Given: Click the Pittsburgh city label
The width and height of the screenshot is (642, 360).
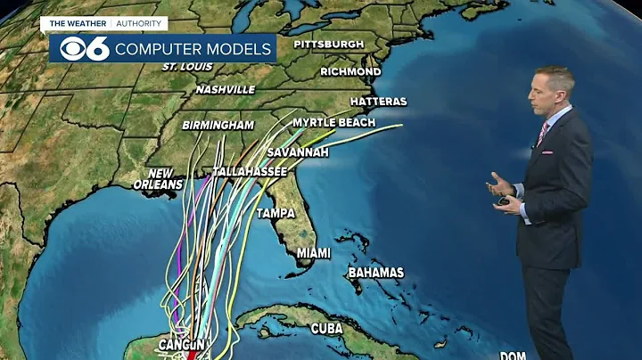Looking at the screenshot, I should coord(328,44).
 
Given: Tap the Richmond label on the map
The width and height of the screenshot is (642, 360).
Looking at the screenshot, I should coord(350,71).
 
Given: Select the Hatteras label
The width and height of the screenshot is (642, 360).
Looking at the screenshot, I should coord(378,102).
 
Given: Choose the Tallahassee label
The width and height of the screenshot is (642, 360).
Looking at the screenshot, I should coord(250,171).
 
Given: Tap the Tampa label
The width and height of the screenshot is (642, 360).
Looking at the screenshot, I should coord(276,214).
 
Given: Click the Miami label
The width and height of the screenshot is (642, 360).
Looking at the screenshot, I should coord(313,253).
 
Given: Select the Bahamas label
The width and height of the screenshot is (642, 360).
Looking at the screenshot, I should coord(375,272).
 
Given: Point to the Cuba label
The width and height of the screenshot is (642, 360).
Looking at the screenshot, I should coord(327,329).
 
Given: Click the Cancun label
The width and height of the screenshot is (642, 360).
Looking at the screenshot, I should coord(183,344).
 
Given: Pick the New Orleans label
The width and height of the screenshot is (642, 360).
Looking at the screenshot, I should coord(160,178).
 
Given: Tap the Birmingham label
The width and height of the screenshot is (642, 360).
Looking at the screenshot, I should coord(218,126).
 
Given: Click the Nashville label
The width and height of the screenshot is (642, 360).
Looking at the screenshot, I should coord(226,89).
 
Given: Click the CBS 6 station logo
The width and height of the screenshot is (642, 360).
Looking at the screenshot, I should coord(79,48).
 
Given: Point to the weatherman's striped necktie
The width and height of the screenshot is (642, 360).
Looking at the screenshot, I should coord(542,133).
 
